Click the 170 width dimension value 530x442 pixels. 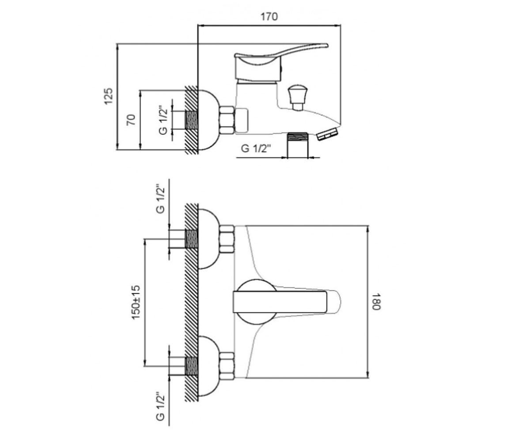coord(269,17)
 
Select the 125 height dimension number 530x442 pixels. coord(109,96)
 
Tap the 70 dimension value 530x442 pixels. coord(131,120)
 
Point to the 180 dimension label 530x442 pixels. coord(376,302)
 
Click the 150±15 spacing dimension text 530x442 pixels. coord(136,302)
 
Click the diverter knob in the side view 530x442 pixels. coord(298,98)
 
